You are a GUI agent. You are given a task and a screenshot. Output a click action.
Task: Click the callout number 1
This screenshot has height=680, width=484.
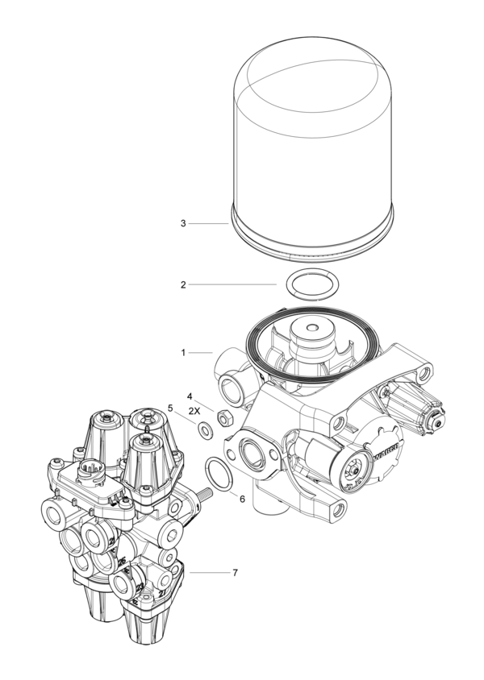tap(183, 352)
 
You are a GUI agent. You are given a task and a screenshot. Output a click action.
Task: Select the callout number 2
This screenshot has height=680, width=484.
tap(183, 284)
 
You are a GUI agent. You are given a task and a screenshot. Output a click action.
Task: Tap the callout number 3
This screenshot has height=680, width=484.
tap(183, 222)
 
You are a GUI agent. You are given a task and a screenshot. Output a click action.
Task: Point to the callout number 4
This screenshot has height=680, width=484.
tap(190, 396)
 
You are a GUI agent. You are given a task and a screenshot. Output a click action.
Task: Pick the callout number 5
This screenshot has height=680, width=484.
tap(170, 408)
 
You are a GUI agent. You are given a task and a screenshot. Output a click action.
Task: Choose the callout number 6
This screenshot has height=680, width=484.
tap(241, 499)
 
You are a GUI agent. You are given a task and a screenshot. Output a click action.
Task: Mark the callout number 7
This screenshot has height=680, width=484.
tap(235, 573)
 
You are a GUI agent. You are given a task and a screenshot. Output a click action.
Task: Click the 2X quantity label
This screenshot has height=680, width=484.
tap(194, 411)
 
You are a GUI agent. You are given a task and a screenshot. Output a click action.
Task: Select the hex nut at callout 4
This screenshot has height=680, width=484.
tap(227, 417)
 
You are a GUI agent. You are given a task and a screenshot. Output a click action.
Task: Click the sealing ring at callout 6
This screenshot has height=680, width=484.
tap(215, 471)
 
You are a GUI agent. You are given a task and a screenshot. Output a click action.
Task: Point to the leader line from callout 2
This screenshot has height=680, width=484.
tap(234, 284)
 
